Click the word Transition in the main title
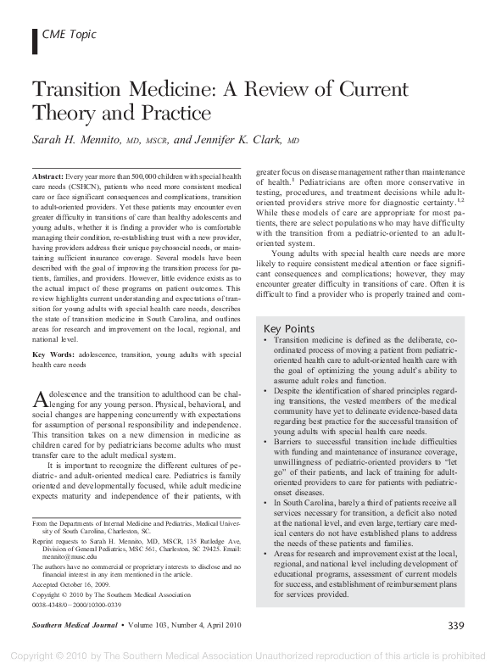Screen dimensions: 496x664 pos(82,91)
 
